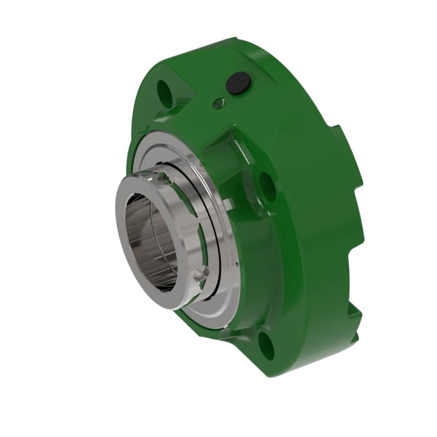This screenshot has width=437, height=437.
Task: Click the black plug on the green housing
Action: pyautogui.click(x=239, y=84)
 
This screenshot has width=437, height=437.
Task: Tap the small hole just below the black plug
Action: pyautogui.click(x=218, y=103)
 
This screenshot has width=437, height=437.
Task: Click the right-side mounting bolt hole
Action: pyautogui.click(x=267, y=184)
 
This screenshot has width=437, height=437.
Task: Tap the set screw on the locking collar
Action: pyautogui.click(x=198, y=274)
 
